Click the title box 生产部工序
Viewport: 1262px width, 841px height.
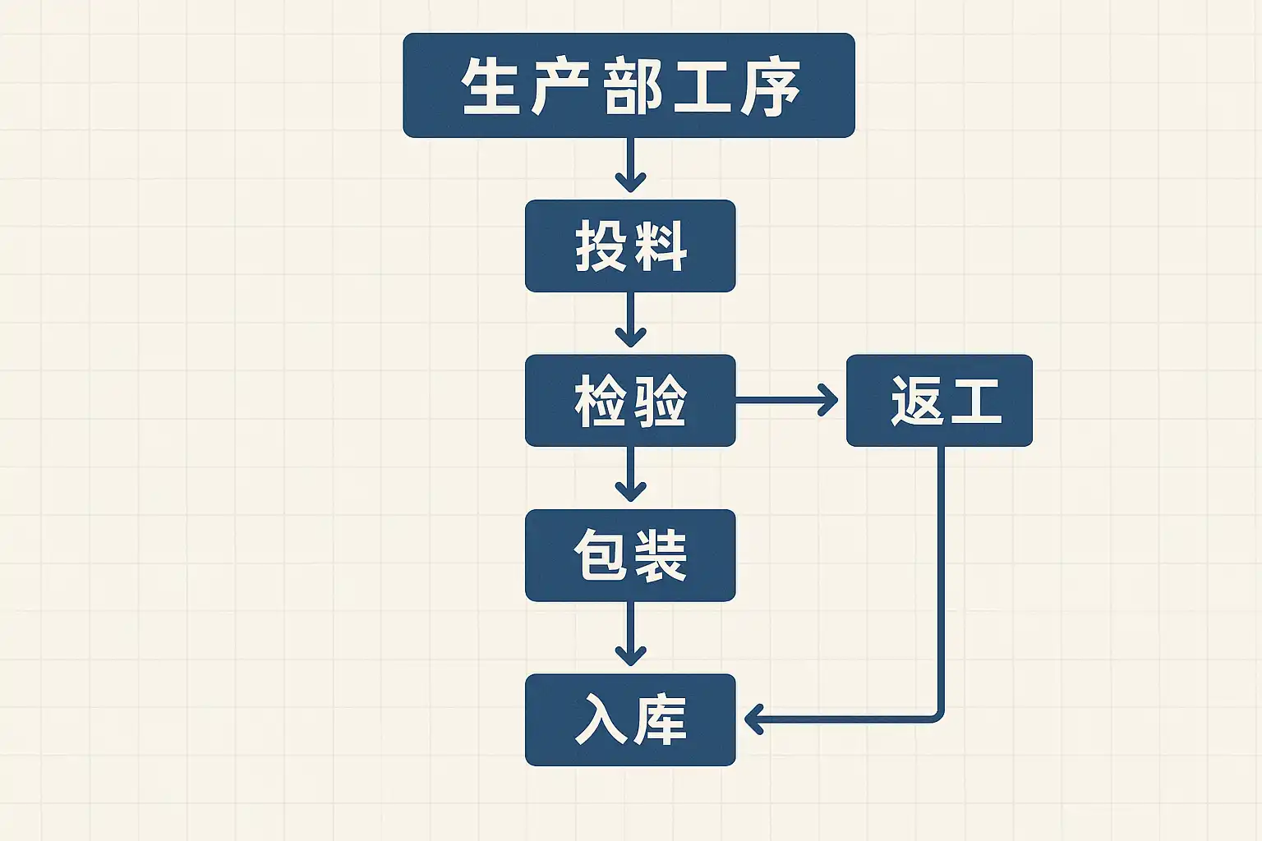629,85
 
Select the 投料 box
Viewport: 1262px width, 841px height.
630,246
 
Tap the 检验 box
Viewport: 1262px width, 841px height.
630,401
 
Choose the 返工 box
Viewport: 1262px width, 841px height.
939,401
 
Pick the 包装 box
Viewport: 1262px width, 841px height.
630,555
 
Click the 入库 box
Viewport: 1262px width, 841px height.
630,719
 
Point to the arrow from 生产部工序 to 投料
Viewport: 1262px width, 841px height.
630,164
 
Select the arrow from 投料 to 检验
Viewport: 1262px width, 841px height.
630,319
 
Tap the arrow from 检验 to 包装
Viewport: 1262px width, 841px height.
630,474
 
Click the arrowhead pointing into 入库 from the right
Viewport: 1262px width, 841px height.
754,719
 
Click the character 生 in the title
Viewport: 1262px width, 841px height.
491,86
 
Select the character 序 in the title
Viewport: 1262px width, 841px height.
770,86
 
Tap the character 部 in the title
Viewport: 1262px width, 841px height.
631,86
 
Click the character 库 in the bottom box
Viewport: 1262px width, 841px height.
659,719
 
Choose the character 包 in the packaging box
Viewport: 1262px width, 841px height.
601,555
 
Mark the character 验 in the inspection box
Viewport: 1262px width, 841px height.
659,401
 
